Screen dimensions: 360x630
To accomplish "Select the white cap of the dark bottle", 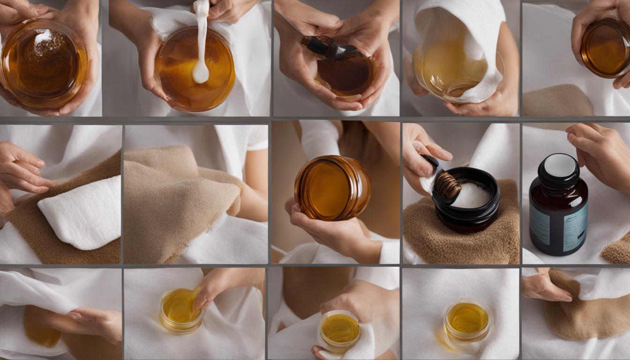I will (x=560, y=165).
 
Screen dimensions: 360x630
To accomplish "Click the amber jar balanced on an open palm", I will (x=332, y=188).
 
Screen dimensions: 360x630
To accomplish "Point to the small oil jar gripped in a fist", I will (x=340, y=330).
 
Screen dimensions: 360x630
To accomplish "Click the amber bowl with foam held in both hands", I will (x=43, y=64).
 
